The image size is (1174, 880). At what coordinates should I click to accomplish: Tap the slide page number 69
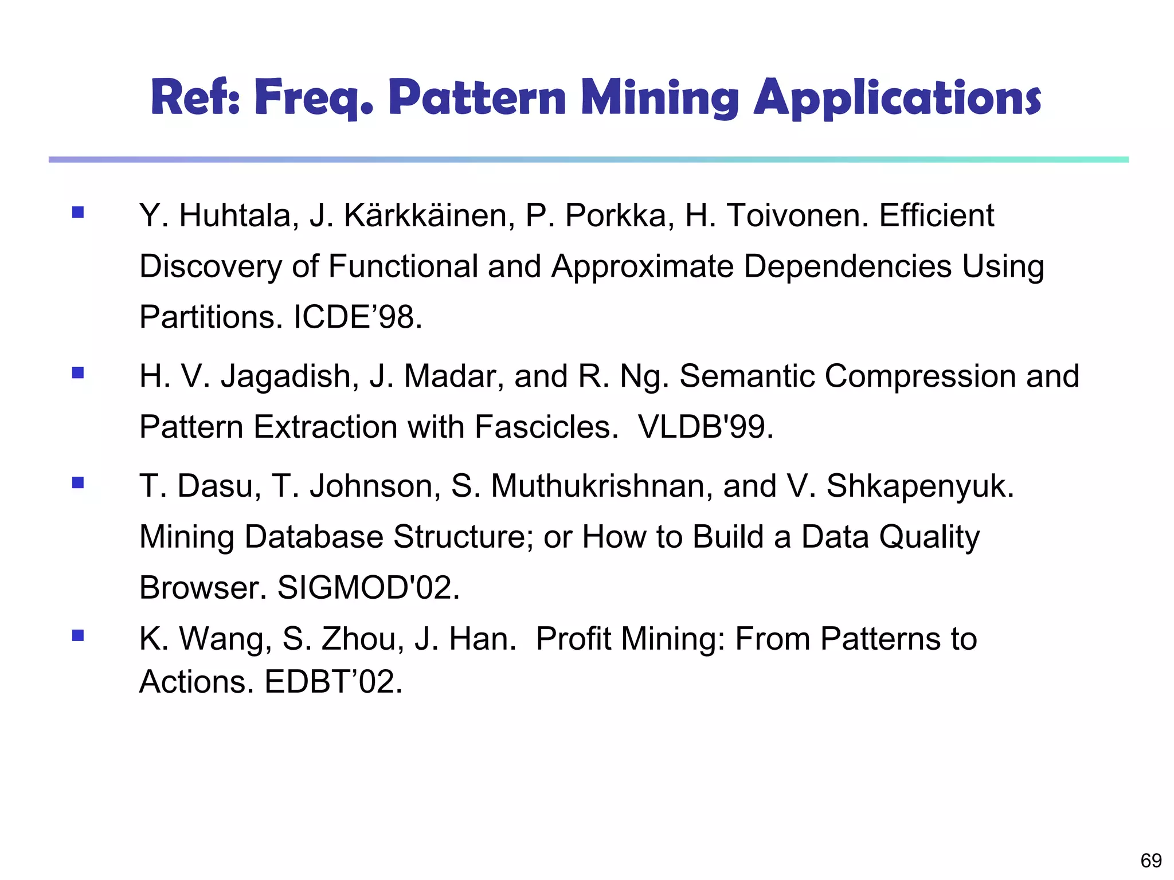pos(1151,861)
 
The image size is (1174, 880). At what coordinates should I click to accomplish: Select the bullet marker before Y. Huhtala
pos(78,213)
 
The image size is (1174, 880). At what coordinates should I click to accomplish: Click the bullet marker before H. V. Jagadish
pos(78,374)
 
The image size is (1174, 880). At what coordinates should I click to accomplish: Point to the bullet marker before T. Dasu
pos(78,483)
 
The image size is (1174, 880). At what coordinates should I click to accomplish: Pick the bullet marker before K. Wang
pos(78,635)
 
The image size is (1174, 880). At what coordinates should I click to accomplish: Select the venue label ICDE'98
pos(357,317)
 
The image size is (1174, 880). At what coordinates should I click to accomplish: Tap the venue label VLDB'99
pos(705,427)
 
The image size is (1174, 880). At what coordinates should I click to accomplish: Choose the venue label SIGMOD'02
pos(368,588)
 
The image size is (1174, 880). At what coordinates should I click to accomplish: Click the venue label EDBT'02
pos(333,682)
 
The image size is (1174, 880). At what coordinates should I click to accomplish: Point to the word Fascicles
pos(546,427)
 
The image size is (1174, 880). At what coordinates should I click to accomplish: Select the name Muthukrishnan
pos(602,486)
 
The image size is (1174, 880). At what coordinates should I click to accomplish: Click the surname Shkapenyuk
pos(920,486)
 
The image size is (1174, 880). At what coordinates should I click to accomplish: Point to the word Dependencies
pos(848,266)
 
